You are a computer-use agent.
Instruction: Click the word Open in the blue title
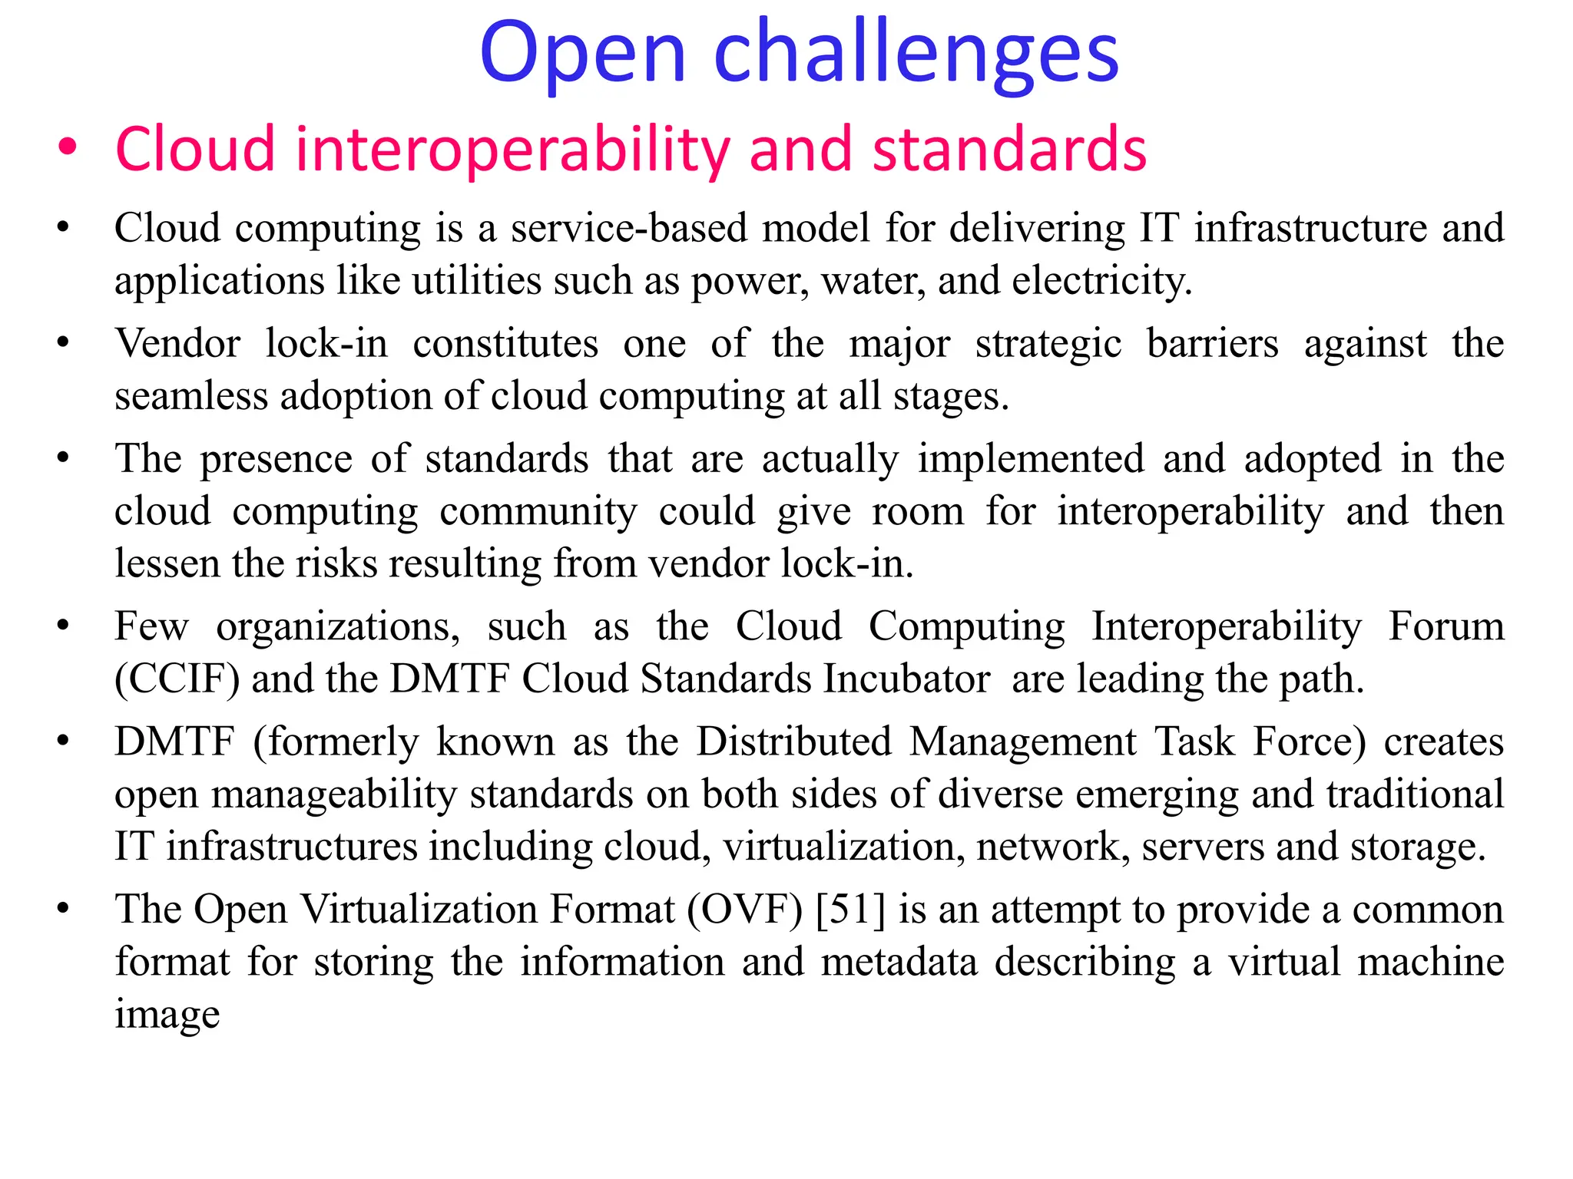[x=582, y=55]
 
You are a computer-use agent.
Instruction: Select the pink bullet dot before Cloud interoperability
[x=68, y=147]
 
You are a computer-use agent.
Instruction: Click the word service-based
[x=629, y=228]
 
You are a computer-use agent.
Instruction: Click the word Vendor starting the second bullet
[x=177, y=343]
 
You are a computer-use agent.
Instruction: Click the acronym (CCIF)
[x=177, y=679]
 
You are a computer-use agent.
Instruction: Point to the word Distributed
[x=793, y=742]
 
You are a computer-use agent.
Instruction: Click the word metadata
[x=899, y=963]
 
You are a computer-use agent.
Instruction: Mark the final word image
[x=167, y=1015]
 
